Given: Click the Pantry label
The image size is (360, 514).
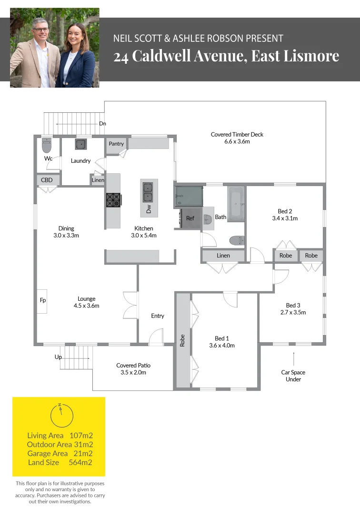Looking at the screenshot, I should pos(116,144).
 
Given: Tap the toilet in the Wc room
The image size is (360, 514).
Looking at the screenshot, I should pos(47,145).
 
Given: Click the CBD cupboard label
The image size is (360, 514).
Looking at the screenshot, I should pos(47,180).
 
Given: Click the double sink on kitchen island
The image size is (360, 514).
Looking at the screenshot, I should pos(149,192).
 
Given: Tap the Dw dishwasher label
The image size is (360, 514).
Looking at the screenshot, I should pos(149,208).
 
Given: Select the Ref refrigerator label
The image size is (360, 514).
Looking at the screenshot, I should pos(190,218).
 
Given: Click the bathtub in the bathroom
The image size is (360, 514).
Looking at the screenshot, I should pos(236,204).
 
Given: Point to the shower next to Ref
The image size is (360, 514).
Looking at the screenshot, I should pos(189,196).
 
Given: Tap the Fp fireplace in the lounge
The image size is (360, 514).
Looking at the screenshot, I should pos(42,301).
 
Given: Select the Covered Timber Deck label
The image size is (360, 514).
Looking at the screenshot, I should pos(237,135).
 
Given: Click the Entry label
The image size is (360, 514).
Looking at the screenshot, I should pos(158,316).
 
